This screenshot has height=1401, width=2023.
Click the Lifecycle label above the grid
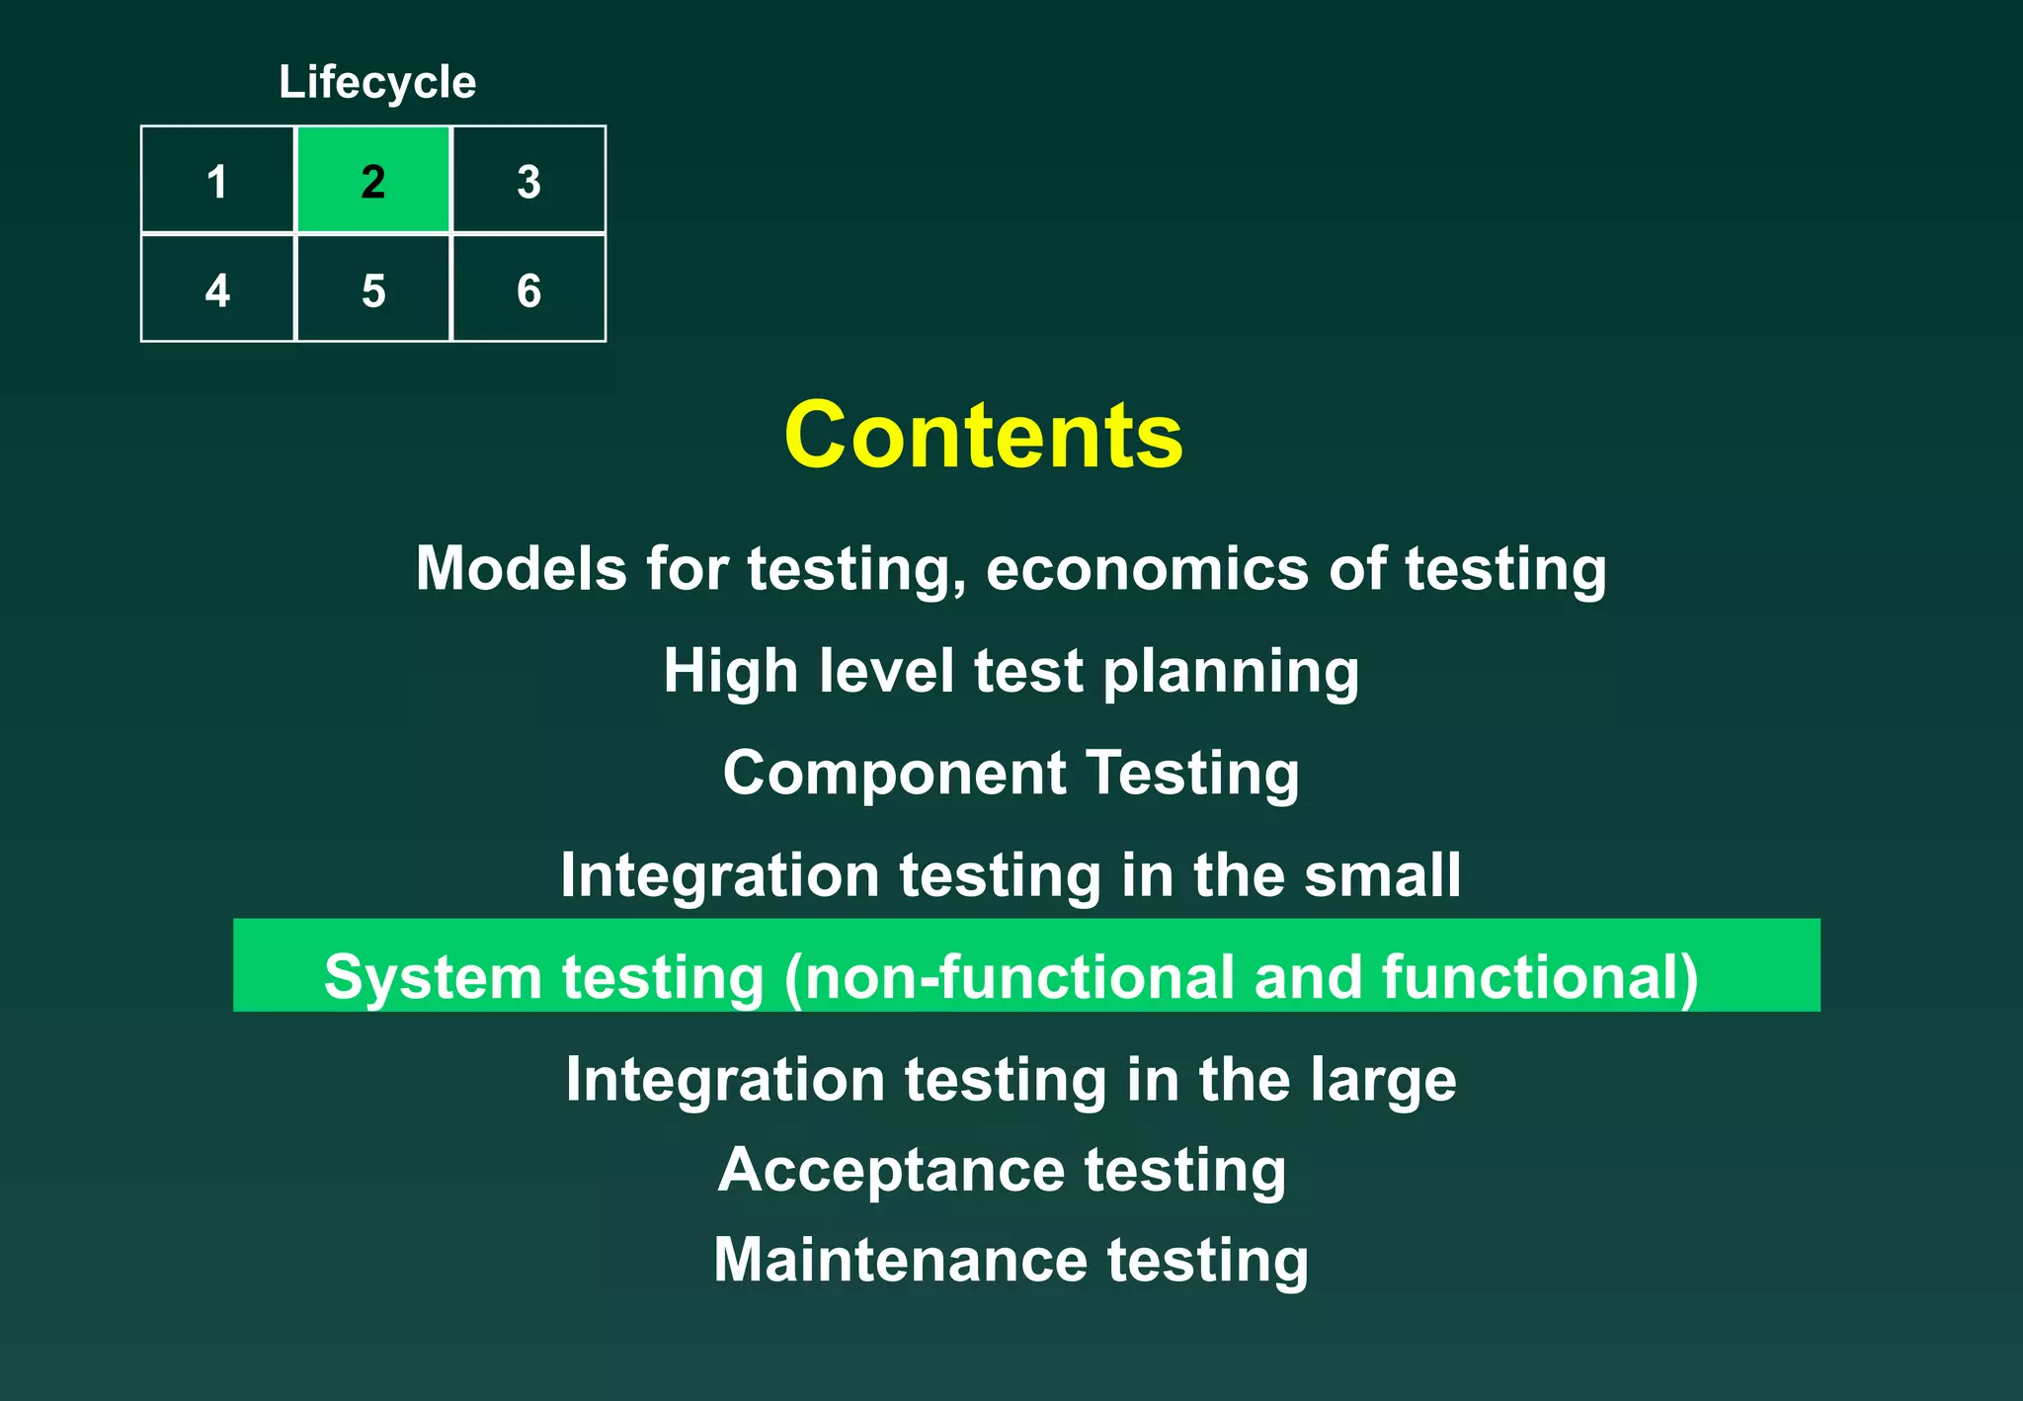377,82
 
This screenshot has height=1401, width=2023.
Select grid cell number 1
217,181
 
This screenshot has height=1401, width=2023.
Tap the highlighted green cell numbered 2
373,181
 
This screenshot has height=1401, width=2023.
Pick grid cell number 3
528,181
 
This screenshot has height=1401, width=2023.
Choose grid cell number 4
217,289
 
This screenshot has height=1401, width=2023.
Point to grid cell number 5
373,289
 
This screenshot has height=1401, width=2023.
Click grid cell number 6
528,289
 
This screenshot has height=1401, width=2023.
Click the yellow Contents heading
984,436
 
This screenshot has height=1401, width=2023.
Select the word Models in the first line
521,569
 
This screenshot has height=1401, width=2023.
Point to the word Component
894,774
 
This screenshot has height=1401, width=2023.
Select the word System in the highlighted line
433,977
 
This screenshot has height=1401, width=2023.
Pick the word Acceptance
891,1171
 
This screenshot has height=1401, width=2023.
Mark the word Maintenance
900,1261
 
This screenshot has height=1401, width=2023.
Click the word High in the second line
730,671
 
